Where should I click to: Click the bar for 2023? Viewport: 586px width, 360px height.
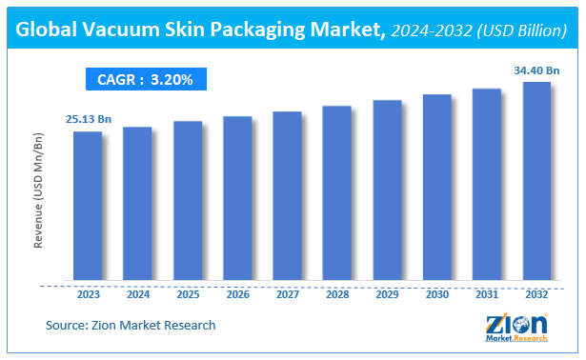pyautogui.click(x=88, y=207)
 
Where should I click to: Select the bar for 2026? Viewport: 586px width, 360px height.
pyautogui.click(x=237, y=199)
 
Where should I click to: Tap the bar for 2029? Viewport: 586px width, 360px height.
pyautogui.click(x=387, y=190)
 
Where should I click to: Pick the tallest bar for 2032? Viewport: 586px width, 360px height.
pyautogui.click(x=536, y=182)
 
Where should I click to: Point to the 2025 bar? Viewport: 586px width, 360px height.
pyautogui.click(x=188, y=202)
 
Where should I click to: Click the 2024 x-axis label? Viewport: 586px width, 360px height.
pyautogui.click(x=137, y=295)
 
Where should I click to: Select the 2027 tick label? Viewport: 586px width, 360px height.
pyautogui.click(x=287, y=295)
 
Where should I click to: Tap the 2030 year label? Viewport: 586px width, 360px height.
pyautogui.click(x=436, y=295)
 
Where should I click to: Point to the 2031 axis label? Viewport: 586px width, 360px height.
pyautogui.click(x=487, y=295)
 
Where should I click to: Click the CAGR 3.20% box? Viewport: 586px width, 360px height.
pyautogui.click(x=146, y=80)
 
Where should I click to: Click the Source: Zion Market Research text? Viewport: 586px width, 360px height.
pyautogui.click(x=131, y=326)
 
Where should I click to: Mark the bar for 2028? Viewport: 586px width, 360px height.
pyautogui.click(x=337, y=194)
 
